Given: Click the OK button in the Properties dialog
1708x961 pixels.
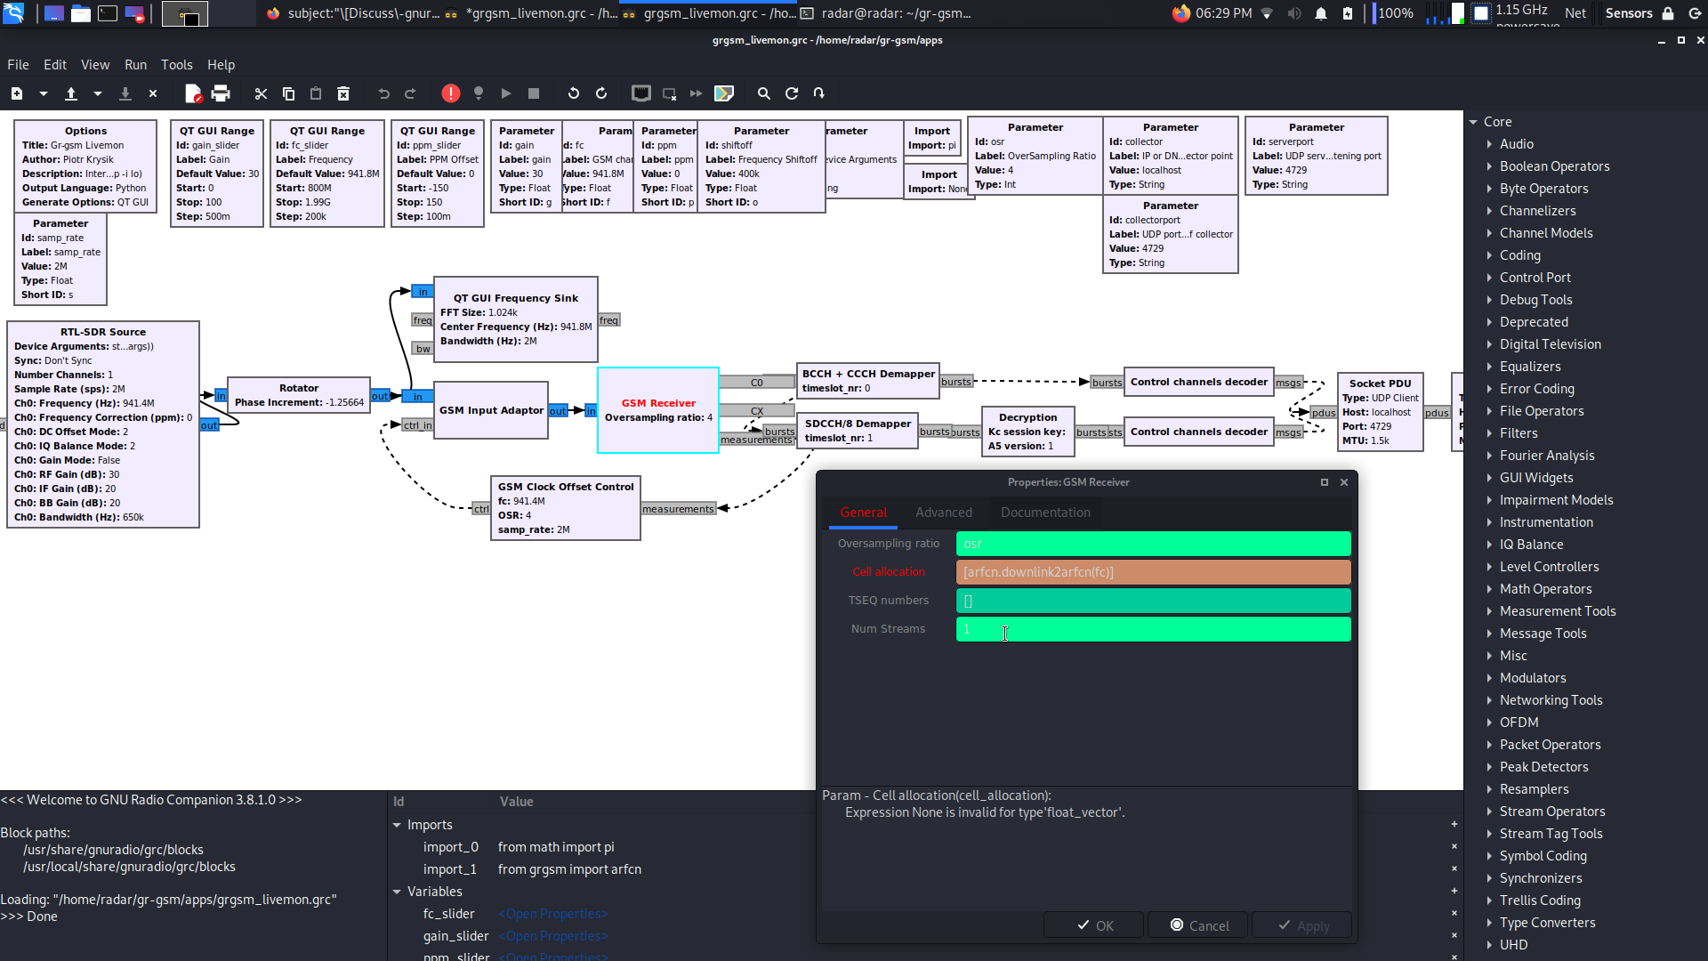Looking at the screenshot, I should click(x=1095, y=925).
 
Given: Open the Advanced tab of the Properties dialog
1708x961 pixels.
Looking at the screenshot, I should click(x=943, y=513).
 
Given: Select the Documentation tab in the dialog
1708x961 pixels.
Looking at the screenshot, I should click(x=1044, y=513).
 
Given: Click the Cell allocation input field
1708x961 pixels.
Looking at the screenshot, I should click(x=1152, y=572).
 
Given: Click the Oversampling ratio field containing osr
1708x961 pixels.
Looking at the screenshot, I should click(x=1152, y=544).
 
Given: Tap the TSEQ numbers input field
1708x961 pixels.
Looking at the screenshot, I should click(x=1152, y=601).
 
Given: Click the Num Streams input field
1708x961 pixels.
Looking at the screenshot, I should click(x=1152, y=629).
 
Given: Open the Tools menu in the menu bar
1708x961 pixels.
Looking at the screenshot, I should click(x=176, y=65).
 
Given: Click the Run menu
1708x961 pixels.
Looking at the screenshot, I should click(x=135, y=65).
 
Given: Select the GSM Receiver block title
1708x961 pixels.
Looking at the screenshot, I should click(x=658, y=403).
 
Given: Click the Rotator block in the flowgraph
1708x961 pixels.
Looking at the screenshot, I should click(x=299, y=395).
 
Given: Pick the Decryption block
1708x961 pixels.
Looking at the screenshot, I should click(x=1027, y=431).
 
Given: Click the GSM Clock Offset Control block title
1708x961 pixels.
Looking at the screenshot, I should click(x=566, y=487).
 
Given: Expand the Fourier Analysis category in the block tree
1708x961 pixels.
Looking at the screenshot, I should click(x=1546, y=456).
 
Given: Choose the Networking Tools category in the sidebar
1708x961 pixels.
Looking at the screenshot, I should click(x=1551, y=700).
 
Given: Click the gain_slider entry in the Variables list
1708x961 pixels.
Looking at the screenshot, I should click(x=455, y=936).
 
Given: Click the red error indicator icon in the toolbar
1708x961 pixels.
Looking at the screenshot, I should click(x=451, y=93).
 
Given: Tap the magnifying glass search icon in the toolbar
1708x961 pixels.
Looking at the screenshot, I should click(x=763, y=93).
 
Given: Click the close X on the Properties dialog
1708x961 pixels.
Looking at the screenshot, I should click(x=1344, y=482).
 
